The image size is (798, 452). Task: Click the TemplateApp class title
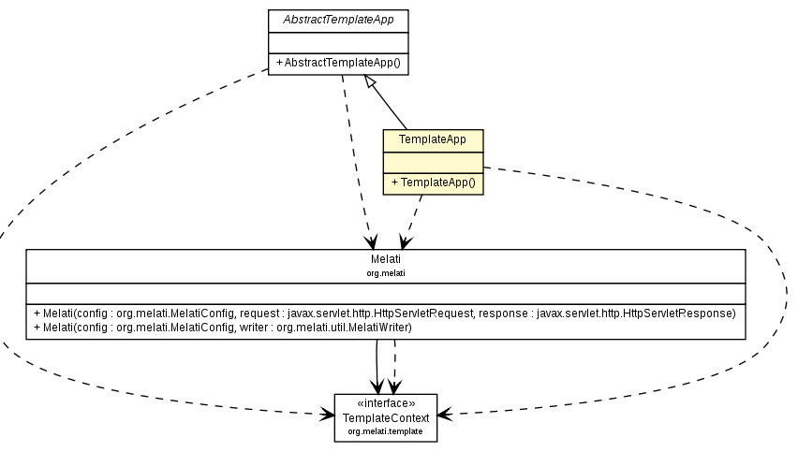pyautogui.click(x=432, y=139)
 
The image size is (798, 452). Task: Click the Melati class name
pyautogui.click(x=385, y=260)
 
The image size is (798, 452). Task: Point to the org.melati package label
pyautogui.click(x=385, y=273)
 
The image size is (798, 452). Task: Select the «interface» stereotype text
pyautogui.click(x=385, y=403)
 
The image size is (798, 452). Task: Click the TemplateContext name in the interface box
pyautogui.click(x=385, y=417)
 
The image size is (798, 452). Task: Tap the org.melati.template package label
pyautogui.click(x=385, y=431)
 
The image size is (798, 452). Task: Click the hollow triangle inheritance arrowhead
pyautogui.click(x=372, y=84)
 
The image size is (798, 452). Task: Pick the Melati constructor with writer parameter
pyautogui.click(x=223, y=328)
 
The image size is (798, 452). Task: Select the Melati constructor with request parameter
pyautogui.click(x=384, y=313)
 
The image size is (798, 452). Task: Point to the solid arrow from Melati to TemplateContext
pyautogui.click(x=377, y=365)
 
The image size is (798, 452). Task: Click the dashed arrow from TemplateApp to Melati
pyautogui.click(x=413, y=221)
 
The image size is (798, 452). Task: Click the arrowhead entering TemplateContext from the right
pyautogui.click(x=443, y=414)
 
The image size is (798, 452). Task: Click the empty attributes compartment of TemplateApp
pyautogui.click(x=432, y=162)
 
